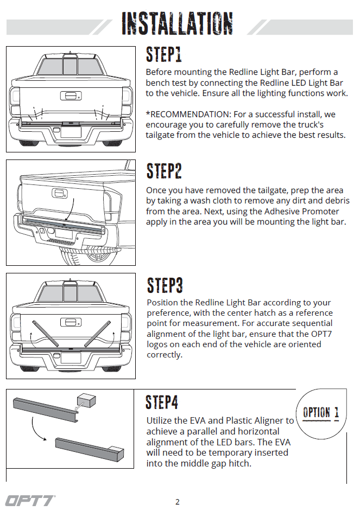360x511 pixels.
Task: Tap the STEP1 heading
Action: point(163,55)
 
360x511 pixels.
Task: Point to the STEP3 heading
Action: point(165,285)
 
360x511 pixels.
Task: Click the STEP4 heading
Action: point(162,403)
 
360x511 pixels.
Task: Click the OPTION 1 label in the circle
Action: point(320,412)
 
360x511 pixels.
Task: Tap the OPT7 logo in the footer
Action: point(30,500)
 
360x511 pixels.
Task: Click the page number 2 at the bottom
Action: point(178,502)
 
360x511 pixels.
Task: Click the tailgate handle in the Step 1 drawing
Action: point(70,96)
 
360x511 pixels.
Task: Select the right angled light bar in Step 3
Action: point(97,333)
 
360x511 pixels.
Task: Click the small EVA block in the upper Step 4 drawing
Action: point(85,400)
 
